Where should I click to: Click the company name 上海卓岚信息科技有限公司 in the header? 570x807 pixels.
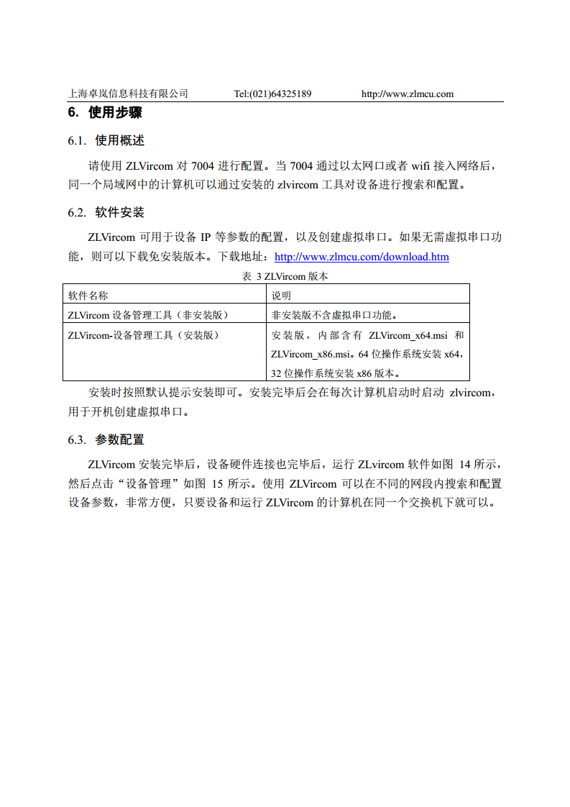coord(128,94)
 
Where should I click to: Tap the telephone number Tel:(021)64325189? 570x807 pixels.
coord(272,94)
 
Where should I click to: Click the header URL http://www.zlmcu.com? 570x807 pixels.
coord(407,94)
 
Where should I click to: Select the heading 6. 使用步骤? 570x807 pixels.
coord(105,113)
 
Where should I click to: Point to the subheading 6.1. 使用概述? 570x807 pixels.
coord(106,140)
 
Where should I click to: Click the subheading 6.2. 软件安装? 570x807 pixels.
coord(106,212)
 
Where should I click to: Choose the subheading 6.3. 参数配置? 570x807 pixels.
coord(106,439)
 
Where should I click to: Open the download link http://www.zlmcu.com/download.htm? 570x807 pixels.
coord(362,257)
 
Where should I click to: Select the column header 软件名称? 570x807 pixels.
coord(88,295)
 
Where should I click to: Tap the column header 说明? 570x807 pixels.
coord(281,295)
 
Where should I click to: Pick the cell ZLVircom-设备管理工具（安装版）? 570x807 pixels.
coord(144,335)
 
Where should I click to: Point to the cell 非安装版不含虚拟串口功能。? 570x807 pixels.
coord(334,314)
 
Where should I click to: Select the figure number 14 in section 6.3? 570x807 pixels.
coord(465,465)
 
